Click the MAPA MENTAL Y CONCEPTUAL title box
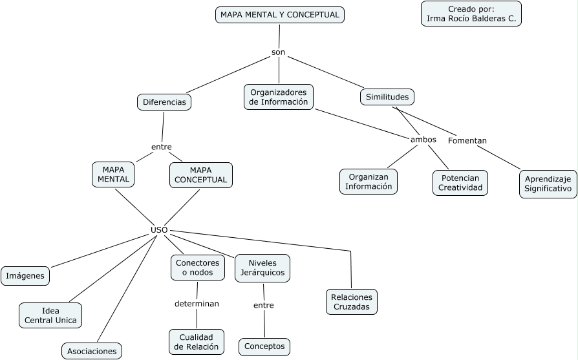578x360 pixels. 279,15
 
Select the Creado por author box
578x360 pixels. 471,14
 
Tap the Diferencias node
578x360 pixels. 164,102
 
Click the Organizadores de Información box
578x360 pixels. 279,97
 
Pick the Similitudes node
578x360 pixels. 387,97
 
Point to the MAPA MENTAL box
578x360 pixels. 113,175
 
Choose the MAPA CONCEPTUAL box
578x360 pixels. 200,175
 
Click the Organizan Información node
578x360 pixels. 369,182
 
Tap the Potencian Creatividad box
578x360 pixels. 460,183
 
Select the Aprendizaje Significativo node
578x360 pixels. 548,184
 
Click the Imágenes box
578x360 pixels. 25,276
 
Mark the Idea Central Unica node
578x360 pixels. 50,315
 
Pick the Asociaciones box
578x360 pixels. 92,352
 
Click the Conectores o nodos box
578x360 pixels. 198,268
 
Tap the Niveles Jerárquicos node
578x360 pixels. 262,268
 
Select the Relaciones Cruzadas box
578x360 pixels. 352,302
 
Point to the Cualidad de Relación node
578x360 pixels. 197,342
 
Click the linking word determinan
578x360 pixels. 197,303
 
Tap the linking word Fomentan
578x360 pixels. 467,140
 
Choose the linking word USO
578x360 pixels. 159,229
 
